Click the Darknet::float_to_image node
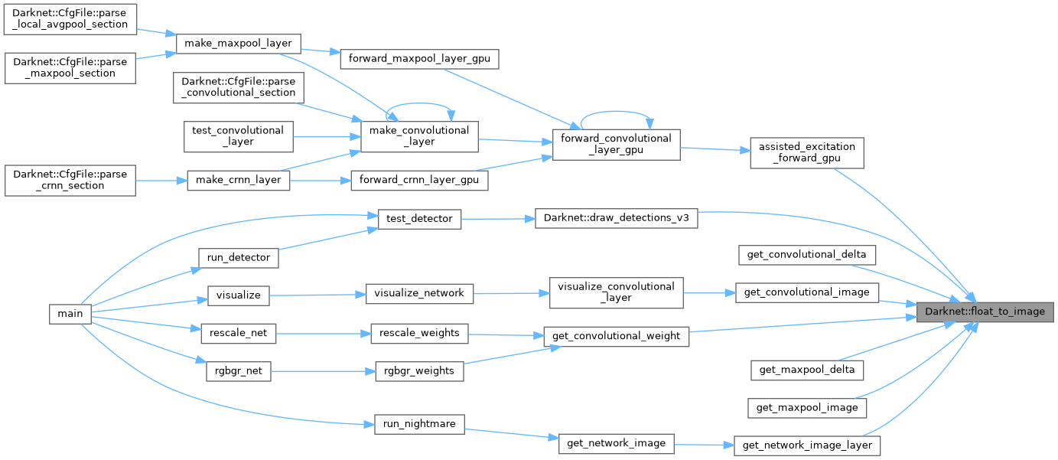pos(985,312)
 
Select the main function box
pos(70,312)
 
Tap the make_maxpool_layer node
pos(238,44)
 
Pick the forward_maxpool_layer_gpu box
pos(419,57)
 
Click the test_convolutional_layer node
pos(238,136)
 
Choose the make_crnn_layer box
pos(238,181)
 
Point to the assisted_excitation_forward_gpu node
pos(806,152)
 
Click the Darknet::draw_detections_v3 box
pos(616,218)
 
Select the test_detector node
pos(419,218)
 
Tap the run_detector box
pos(238,258)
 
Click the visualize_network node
pos(419,292)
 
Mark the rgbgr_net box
pos(238,370)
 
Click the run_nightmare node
pos(419,425)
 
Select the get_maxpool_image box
pos(806,408)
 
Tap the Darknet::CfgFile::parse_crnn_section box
pos(70,181)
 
